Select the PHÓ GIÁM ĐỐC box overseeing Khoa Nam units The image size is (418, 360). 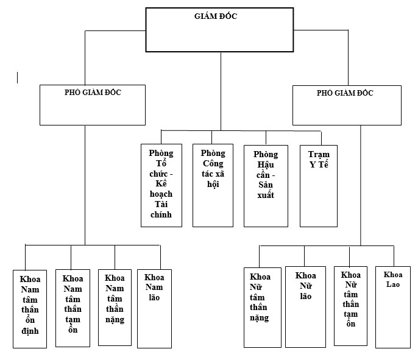(x=92, y=104)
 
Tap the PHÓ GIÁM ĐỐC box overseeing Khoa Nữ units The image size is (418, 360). (x=347, y=105)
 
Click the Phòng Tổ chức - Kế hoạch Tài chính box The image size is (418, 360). (x=161, y=185)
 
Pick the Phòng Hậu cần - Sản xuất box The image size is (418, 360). (x=266, y=185)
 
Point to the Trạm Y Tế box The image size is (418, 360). (x=318, y=185)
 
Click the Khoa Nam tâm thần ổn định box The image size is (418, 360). (x=30, y=308)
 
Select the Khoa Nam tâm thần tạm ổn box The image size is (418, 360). (x=73, y=307)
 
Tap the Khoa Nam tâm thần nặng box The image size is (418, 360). (x=115, y=306)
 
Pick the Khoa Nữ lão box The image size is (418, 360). (x=305, y=306)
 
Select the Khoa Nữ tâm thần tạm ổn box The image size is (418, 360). (x=350, y=306)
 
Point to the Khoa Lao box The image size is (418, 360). (x=392, y=306)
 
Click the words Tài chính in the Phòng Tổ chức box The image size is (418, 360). (x=161, y=209)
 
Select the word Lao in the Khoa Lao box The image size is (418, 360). (x=393, y=284)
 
